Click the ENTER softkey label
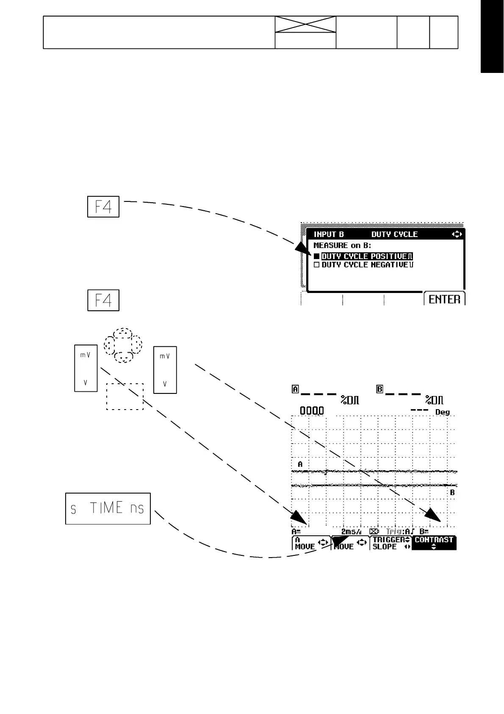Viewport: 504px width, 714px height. [444, 299]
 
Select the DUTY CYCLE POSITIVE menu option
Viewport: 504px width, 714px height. [367, 256]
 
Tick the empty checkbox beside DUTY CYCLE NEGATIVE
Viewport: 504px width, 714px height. [316, 265]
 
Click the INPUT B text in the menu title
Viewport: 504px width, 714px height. [329, 234]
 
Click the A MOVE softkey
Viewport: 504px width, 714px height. [311, 543]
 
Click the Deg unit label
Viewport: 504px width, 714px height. [443, 412]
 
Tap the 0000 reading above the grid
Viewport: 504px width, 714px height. [312, 410]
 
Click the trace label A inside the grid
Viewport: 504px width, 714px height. [300, 464]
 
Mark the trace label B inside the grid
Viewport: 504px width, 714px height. [452, 493]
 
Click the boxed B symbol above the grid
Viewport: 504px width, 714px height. [380, 389]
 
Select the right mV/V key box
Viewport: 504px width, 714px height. [165, 370]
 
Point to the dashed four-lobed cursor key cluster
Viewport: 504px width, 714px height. [123, 345]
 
